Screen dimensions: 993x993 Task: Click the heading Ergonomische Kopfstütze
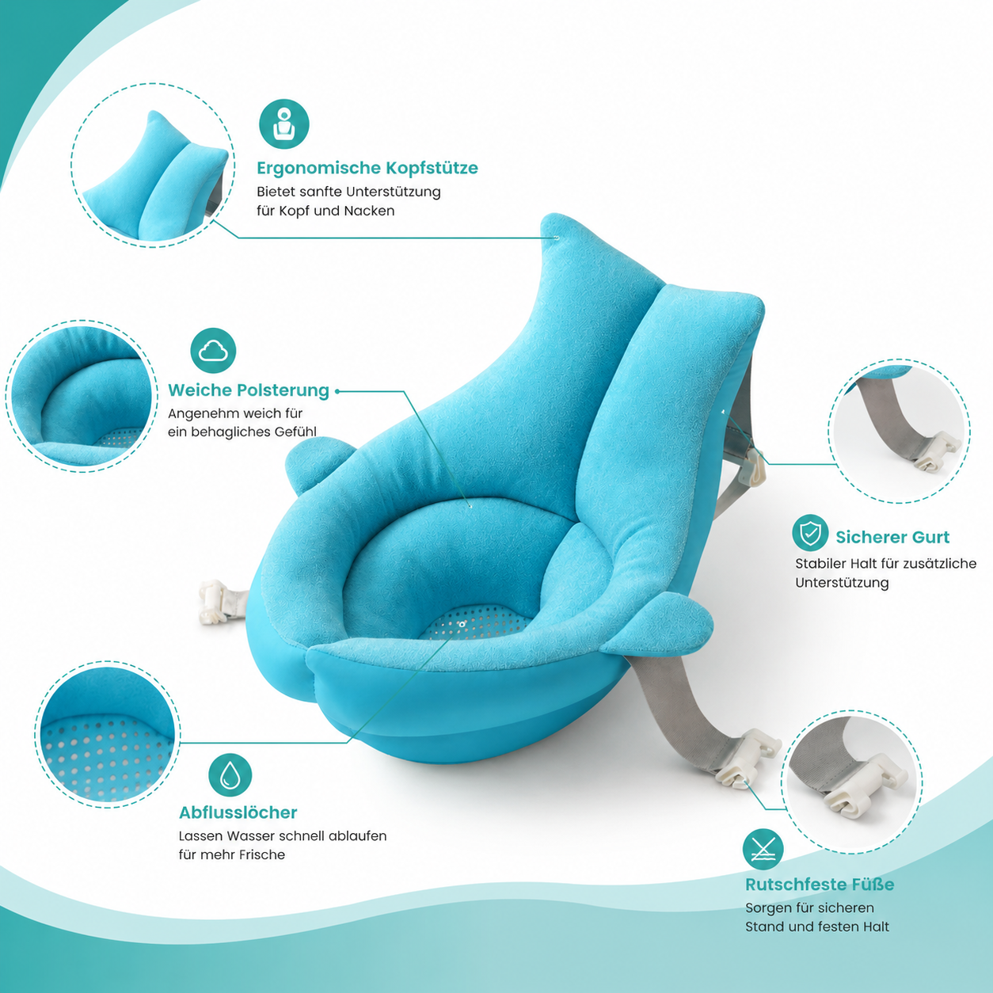tap(367, 168)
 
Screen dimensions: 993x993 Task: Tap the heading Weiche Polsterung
tap(249, 390)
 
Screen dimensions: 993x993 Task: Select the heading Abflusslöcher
tap(238, 812)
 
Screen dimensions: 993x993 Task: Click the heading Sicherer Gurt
tap(892, 537)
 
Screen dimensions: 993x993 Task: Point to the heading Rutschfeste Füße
tap(820, 885)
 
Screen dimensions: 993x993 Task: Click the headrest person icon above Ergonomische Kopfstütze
tap(284, 124)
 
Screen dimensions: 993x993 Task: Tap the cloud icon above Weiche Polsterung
tap(213, 351)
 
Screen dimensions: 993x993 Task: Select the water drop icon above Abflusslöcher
tap(230, 775)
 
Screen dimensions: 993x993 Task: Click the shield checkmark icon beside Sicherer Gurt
tap(810, 533)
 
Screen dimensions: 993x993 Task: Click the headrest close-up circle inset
tap(153, 165)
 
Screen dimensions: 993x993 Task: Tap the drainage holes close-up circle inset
tap(108, 734)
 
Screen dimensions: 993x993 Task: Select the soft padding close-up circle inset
tap(82, 396)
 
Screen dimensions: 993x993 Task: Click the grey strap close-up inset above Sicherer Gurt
tap(900, 431)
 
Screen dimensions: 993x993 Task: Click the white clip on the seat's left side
tap(215, 600)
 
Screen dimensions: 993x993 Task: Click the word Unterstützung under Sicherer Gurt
tap(842, 583)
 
